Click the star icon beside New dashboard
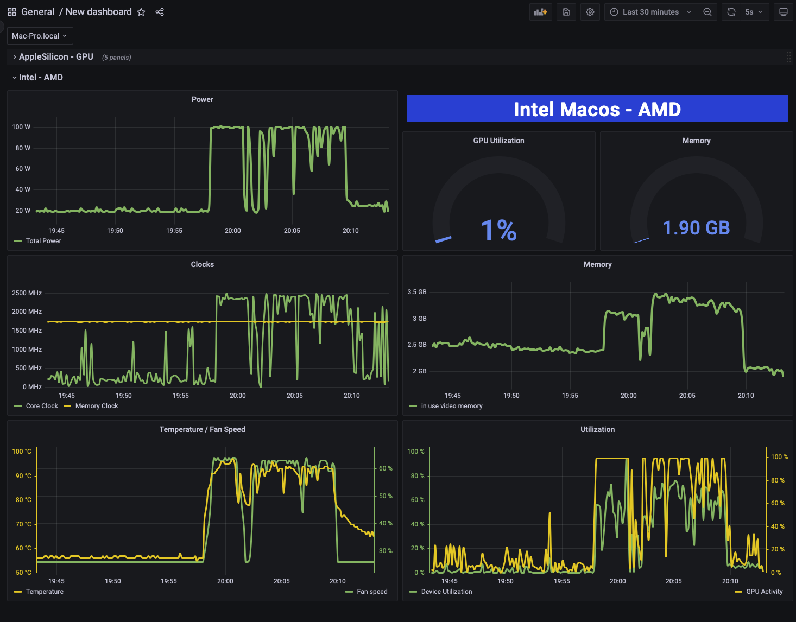(141, 12)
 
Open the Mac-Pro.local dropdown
(40, 36)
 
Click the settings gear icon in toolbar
(590, 12)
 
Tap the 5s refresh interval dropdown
(754, 12)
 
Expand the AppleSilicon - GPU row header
(56, 57)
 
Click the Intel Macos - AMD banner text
(597, 109)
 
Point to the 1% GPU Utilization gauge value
(498, 230)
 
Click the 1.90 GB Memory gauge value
(696, 228)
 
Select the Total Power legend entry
(43, 241)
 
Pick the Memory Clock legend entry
(96, 406)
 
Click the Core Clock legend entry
(42, 406)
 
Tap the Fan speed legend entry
(372, 592)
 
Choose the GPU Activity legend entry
(764, 592)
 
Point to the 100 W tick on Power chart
(21, 127)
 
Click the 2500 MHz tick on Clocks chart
(27, 293)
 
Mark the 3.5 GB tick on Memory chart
(417, 292)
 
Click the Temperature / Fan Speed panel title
(202, 429)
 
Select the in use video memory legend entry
(451, 406)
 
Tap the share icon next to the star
(160, 12)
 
